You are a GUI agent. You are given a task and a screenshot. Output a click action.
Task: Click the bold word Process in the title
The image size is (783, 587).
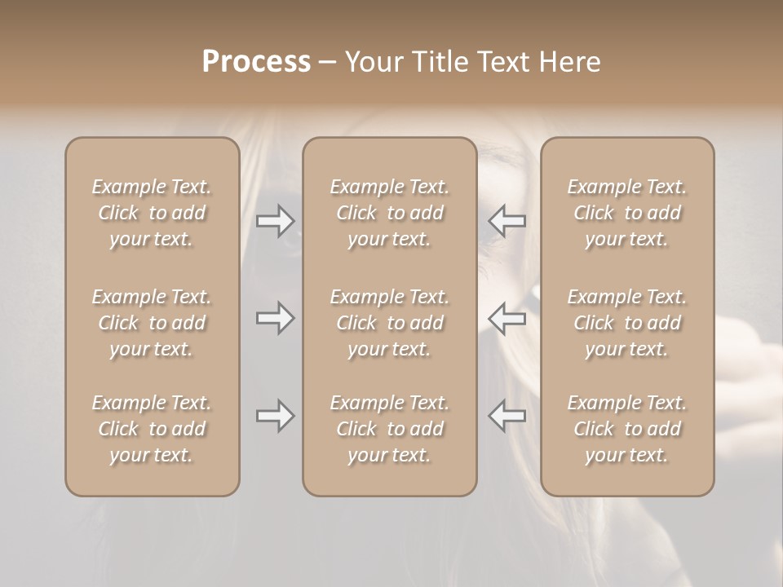pos(256,62)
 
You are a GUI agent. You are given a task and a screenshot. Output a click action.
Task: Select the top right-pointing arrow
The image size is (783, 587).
pos(275,220)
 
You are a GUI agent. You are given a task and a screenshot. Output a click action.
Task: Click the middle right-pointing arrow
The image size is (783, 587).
pos(275,318)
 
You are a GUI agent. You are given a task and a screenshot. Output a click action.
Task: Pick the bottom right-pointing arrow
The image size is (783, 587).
pos(275,416)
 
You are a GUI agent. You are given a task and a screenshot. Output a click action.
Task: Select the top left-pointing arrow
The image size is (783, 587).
pos(507,220)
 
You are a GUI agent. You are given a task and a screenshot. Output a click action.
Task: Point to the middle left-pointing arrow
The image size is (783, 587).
pos(507,318)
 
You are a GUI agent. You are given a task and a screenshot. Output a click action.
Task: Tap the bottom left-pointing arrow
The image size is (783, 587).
pos(507,416)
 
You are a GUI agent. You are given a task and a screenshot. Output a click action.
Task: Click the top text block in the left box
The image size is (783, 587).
pos(152,213)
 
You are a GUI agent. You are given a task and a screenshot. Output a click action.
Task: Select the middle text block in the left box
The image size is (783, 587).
pos(152,323)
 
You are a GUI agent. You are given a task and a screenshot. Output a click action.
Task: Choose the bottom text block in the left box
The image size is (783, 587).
pos(152,429)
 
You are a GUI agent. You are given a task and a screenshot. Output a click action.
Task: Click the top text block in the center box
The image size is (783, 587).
pos(390,213)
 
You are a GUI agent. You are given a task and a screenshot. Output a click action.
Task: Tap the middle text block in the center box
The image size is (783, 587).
pos(390,323)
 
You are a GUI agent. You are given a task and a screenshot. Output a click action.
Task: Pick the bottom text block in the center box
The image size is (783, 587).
pos(390,429)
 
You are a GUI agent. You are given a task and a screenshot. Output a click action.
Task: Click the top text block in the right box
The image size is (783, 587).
pos(627,213)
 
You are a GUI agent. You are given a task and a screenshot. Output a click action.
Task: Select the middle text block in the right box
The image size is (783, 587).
pos(627,323)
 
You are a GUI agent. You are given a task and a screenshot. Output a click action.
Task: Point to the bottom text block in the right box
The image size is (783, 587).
pos(627,429)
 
